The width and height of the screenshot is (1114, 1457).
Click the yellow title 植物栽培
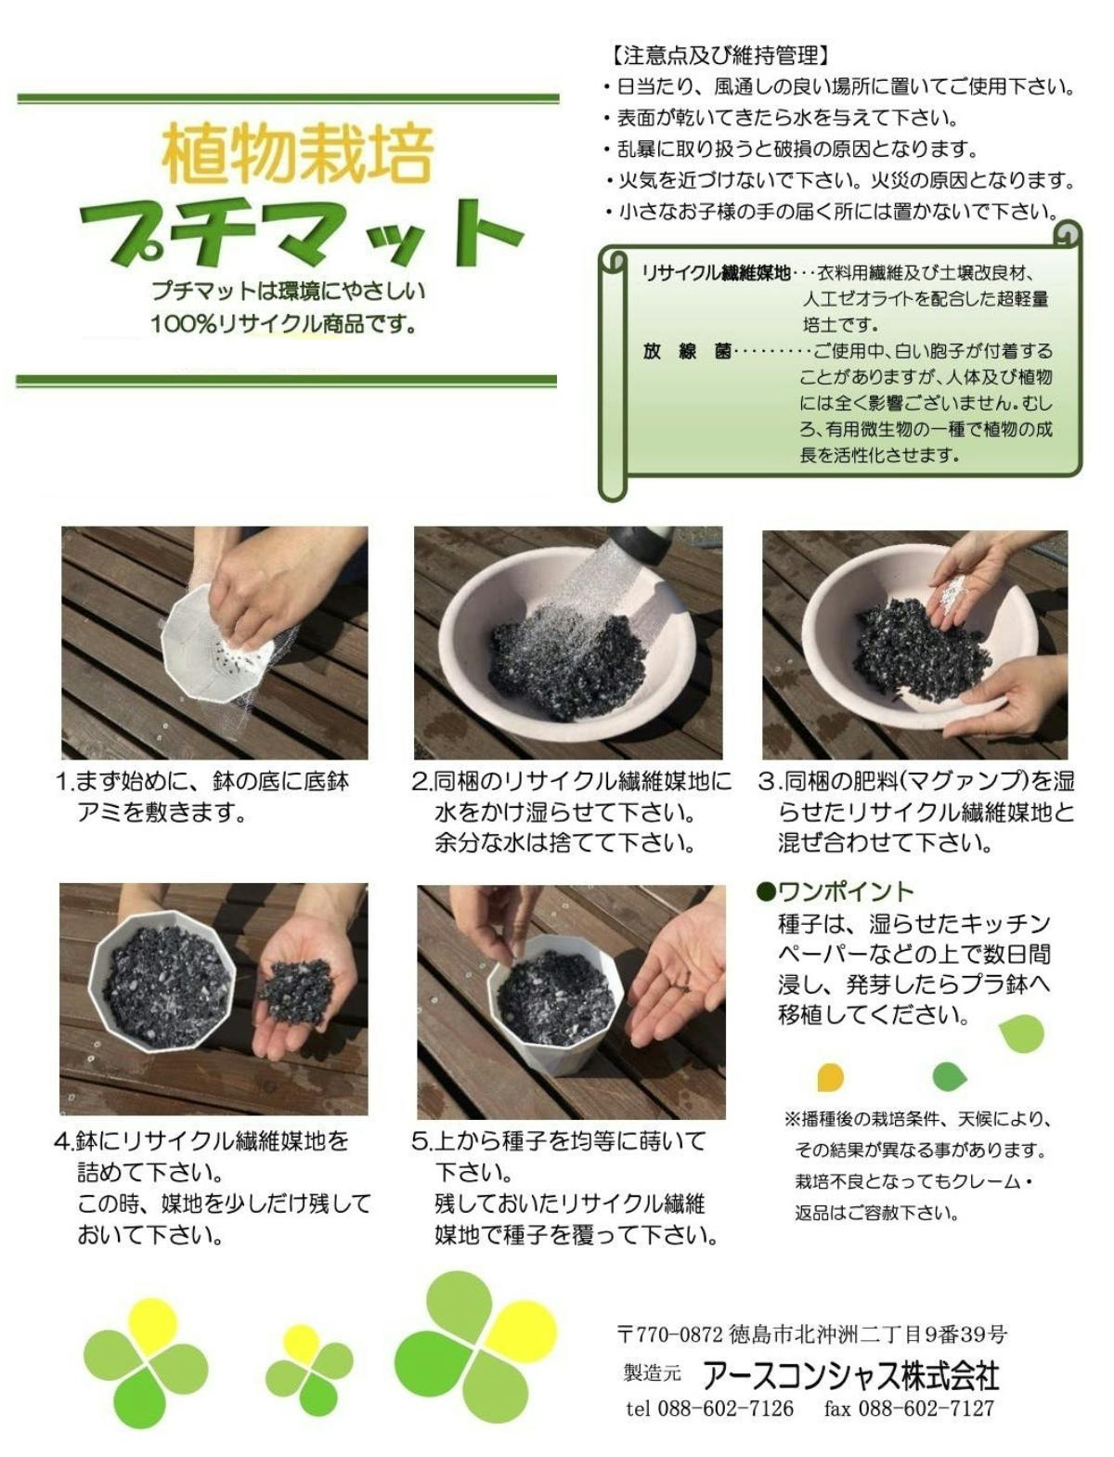coord(298,154)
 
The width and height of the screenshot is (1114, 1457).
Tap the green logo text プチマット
coord(302,234)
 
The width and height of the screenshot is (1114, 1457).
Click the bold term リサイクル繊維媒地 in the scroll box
coord(716,273)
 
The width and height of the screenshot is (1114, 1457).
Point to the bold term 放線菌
coord(686,351)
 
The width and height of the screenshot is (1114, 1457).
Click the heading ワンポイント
coord(836,891)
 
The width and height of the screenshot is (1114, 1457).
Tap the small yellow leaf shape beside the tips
coord(830,1076)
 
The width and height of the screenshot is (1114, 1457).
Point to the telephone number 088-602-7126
coord(725,1408)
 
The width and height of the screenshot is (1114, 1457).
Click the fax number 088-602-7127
coord(926,1408)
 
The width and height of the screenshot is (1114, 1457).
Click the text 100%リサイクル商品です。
coord(285,324)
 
